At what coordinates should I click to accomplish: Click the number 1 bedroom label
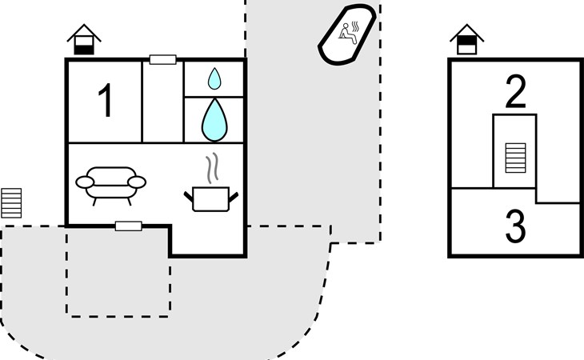click(x=105, y=102)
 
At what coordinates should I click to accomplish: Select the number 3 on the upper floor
click(x=516, y=227)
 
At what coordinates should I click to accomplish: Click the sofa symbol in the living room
click(x=111, y=184)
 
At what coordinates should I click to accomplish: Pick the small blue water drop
click(x=214, y=78)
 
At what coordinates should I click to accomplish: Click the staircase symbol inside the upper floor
click(x=516, y=158)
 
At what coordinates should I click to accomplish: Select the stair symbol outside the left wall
click(x=11, y=202)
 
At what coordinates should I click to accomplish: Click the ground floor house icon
click(x=83, y=39)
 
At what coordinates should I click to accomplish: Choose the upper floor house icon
click(x=467, y=39)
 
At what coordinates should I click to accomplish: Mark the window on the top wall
click(x=163, y=59)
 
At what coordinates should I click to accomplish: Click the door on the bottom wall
click(x=129, y=226)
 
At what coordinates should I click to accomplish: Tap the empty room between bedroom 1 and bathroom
click(x=163, y=102)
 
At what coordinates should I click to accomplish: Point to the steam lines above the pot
click(x=211, y=168)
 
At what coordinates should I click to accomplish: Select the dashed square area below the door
click(x=118, y=272)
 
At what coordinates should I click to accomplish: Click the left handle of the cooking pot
click(x=190, y=194)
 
